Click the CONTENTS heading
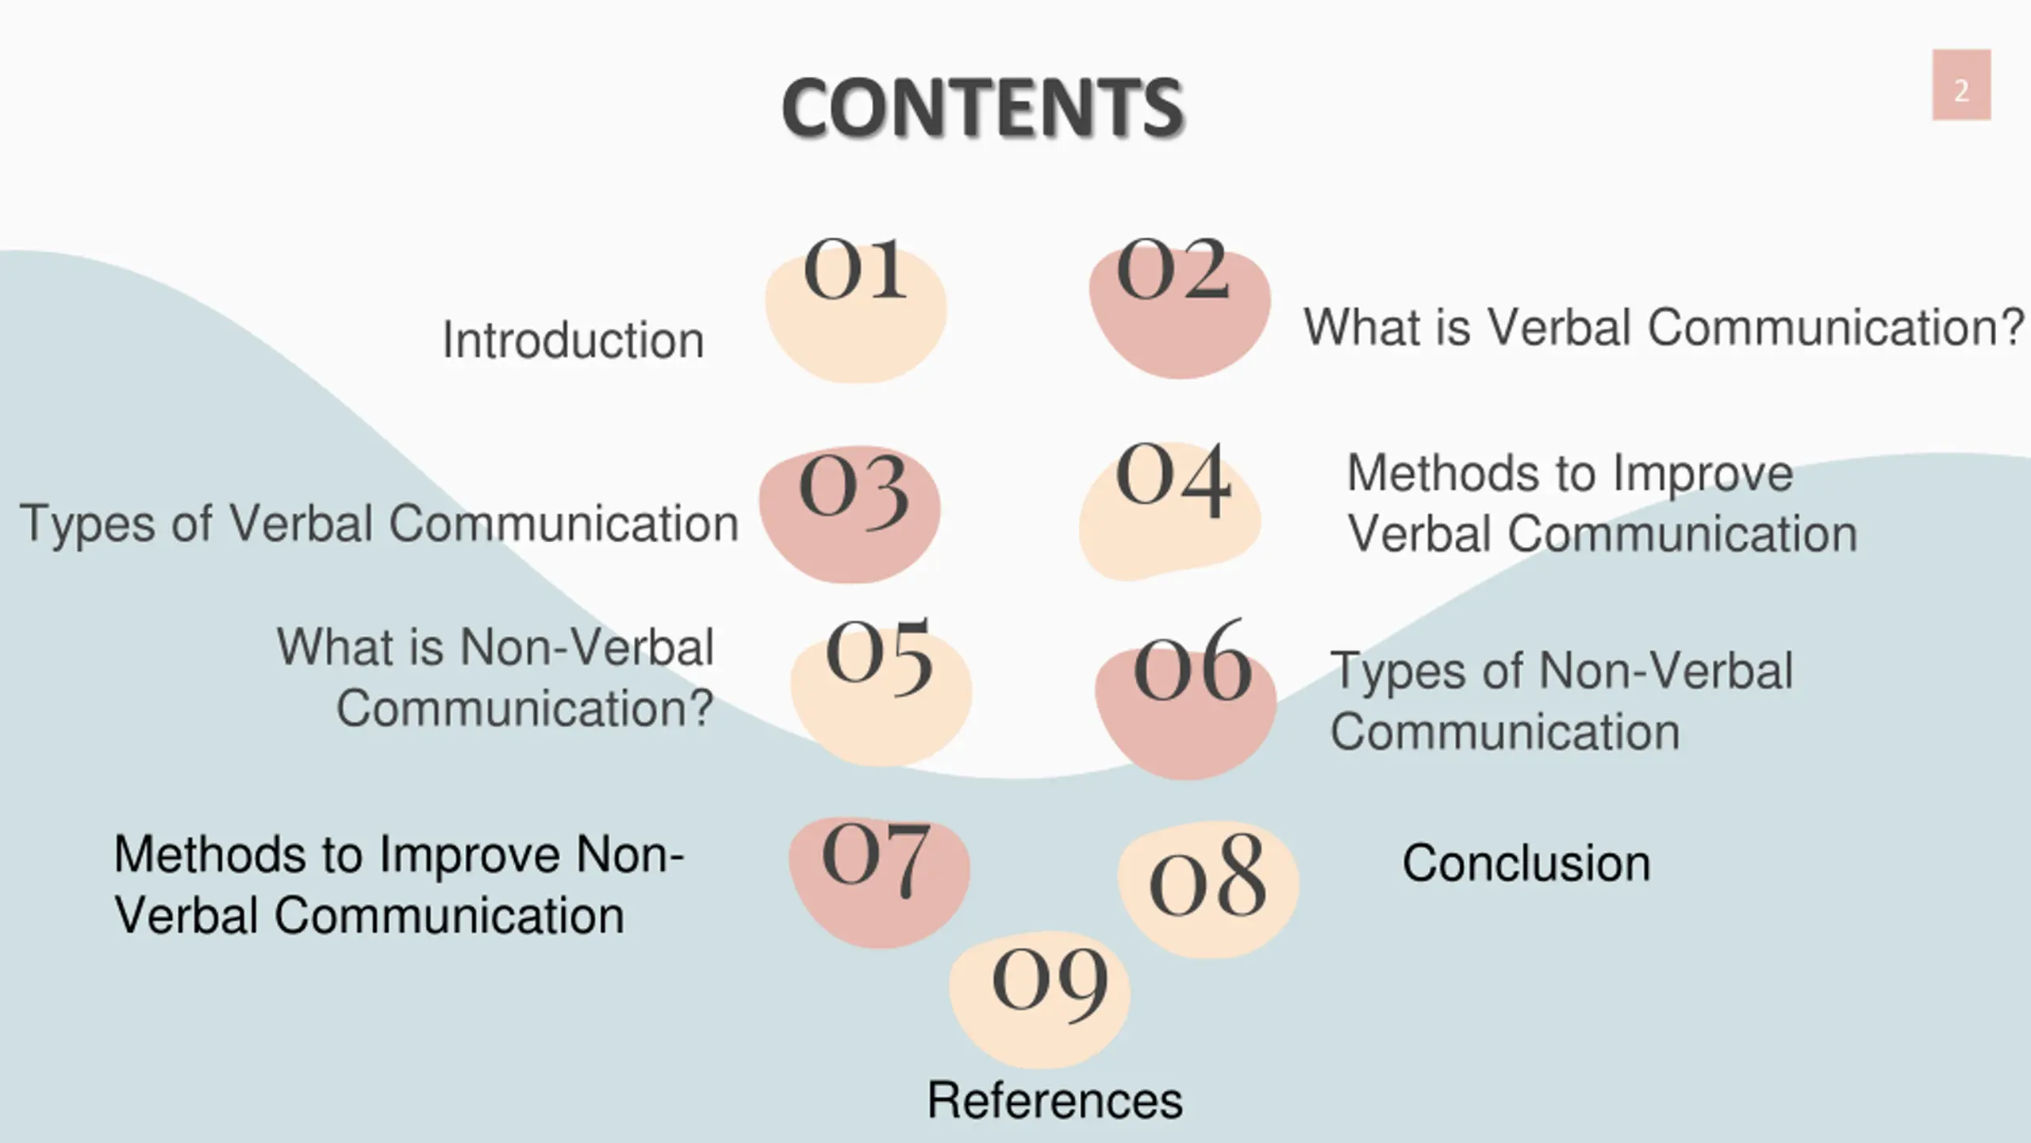click(x=982, y=108)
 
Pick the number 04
click(x=1173, y=479)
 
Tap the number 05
click(x=879, y=655)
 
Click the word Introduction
click(x=573, y=341)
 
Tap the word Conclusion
click(x=1526, y=863)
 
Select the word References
click(x=1054, y=1100)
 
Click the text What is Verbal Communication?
click(x=1664, y=328)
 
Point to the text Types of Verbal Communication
click(x=379, y=525)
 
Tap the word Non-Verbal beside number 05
click(x=587, y=648)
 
